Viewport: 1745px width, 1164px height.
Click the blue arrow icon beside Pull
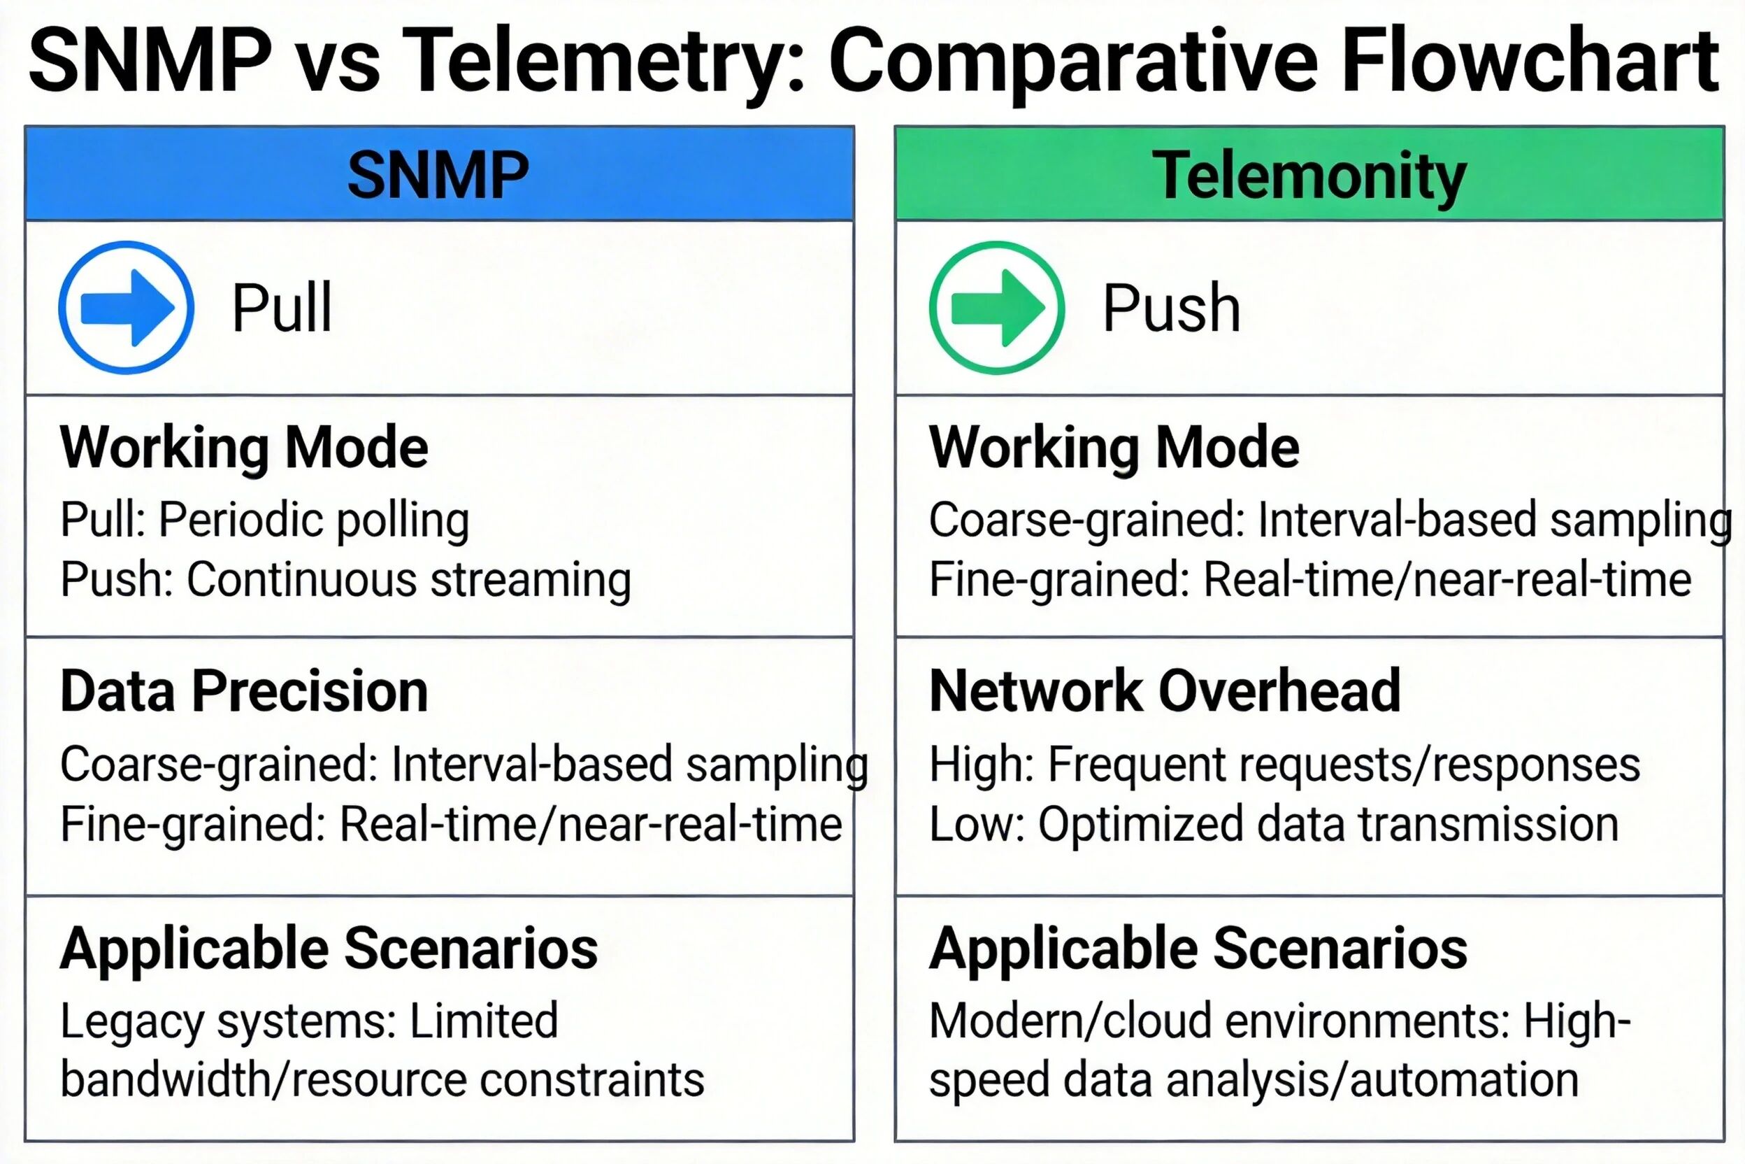(x=126, y=307)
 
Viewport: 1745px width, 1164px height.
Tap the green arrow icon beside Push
(x=996, y=307)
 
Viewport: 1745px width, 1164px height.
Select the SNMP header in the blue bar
(x=438, y=175)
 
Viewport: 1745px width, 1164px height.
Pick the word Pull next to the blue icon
(x=282, y=307)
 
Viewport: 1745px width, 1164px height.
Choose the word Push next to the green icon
(x=1171, y=307)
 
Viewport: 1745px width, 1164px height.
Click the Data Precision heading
(x=244, y=691)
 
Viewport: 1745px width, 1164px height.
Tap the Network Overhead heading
(x=1165, y=691)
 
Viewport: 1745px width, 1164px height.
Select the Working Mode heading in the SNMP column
(x=244, y=448)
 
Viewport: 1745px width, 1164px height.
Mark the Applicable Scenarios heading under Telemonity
(x=1198, y=949)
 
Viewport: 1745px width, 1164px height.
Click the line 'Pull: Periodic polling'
(x=265, y=520)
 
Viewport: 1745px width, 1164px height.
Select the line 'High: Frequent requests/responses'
(x=1284, y=765)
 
